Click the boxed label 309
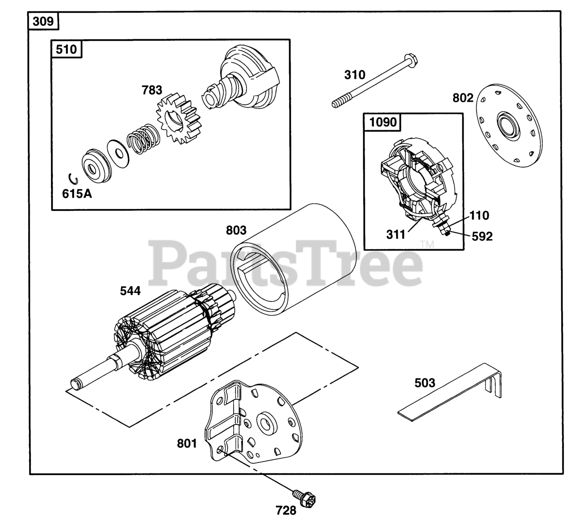click(x=43, y=21)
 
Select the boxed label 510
click(x=66, y=49)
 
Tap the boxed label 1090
click(x=383, y=122)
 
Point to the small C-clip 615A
click(x=72, y=178)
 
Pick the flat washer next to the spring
click(x=118, y=152)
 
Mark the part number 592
click(x=482, y=236)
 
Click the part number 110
click(x=479, y=215)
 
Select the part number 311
click(x=395, y=235)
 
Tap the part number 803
click(x=236, y=230)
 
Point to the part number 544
click(x=130, y=291)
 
